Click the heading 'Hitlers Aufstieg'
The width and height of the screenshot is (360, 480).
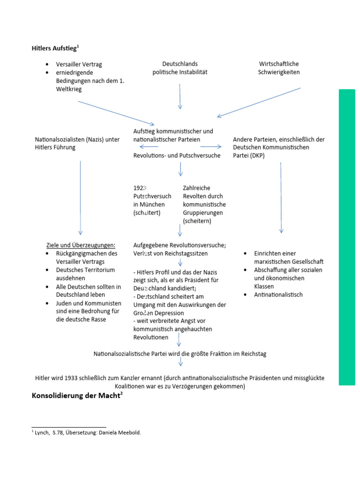[x=55, y=48]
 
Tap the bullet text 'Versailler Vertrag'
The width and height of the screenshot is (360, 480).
[x=79, y=64]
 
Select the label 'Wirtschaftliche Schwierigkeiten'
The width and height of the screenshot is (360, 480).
[x=279, y=68]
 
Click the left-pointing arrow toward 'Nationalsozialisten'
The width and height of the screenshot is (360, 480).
[x=149, y=147]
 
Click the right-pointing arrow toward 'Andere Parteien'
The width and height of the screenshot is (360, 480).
[x=210, y=147]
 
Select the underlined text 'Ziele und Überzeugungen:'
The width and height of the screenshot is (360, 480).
[x=81, y=245]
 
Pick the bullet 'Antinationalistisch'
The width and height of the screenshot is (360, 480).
[x=278, y=295]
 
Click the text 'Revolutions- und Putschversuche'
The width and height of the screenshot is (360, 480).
[x=177, y=156]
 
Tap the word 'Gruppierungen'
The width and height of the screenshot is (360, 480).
[x=204, y=213]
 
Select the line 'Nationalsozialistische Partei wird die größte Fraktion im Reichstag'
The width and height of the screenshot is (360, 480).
[x=180, y=354]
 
